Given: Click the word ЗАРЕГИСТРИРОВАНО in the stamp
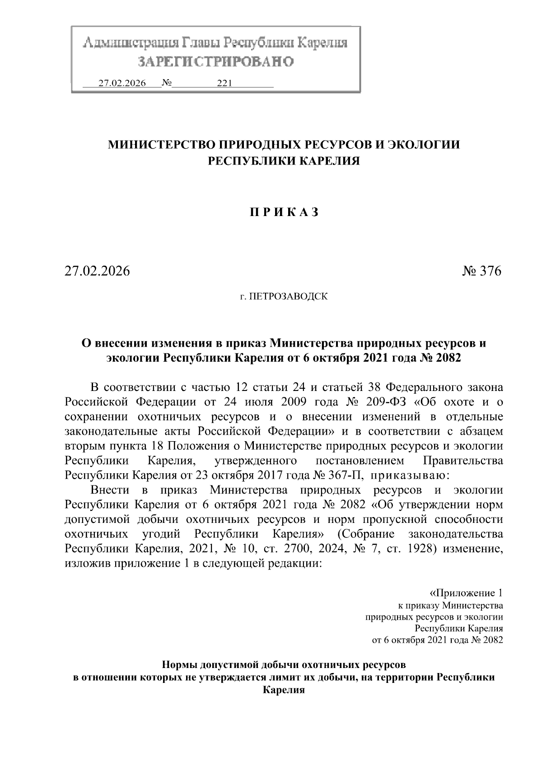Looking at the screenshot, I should coord(215,61).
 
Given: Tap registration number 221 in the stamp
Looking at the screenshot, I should coord(224,83).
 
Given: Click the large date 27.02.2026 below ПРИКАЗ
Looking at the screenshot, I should coord(97,271).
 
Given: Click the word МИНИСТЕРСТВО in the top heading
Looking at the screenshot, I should coord(160,145).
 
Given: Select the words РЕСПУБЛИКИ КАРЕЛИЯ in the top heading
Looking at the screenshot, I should coord(283,161).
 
